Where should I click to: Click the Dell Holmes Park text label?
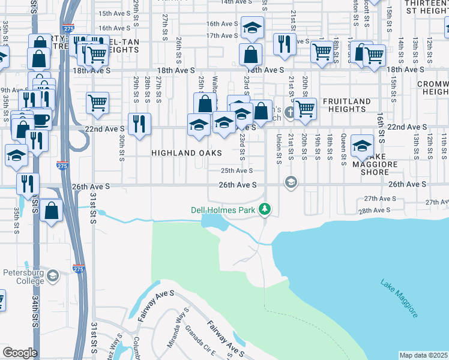224,210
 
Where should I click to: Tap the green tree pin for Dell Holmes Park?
265,210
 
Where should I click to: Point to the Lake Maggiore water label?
399,298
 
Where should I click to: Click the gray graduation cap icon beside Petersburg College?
53,275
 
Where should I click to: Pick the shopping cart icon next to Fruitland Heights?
306,108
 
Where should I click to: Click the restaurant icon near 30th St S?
139,124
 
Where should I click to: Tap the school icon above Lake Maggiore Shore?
362,145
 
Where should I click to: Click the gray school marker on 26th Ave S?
291,182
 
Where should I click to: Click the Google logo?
20,353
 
